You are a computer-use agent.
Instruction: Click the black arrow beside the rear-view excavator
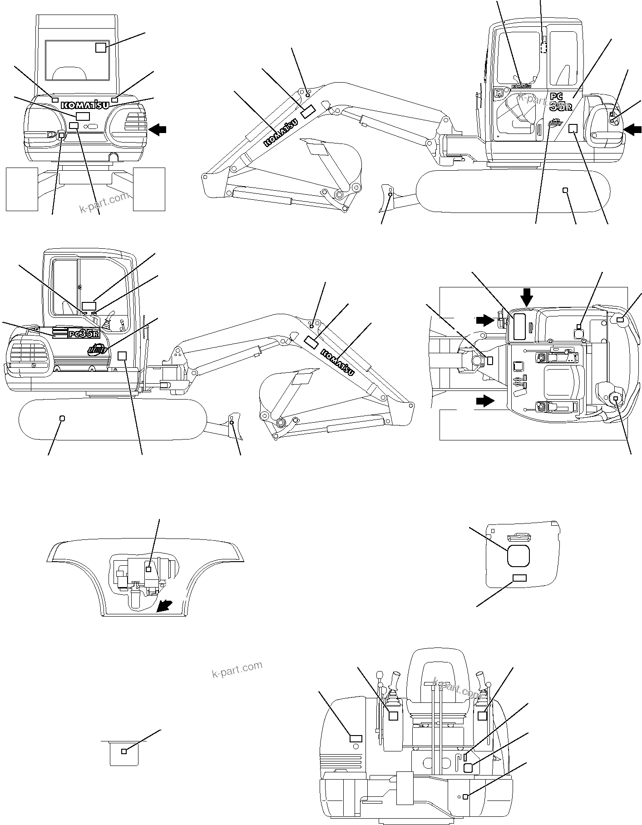click(x=158, y=130)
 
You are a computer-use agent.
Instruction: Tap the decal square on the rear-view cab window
click(x=101, y=47)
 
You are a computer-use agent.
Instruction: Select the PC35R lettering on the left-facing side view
click(x=83, y=334)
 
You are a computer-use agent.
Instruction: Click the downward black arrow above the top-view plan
click(x=527, y=297)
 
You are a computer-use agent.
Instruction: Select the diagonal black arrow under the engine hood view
click(x=164, y=606)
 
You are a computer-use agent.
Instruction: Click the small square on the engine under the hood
click(x=148, y=569)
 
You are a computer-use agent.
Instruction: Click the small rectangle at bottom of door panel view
click(x=519, y=578)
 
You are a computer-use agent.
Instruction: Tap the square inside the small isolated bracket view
click(x=124, y=751)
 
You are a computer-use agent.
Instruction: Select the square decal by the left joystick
click(x=394, y=716)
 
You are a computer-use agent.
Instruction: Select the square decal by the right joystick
click(x=483, y=716)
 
